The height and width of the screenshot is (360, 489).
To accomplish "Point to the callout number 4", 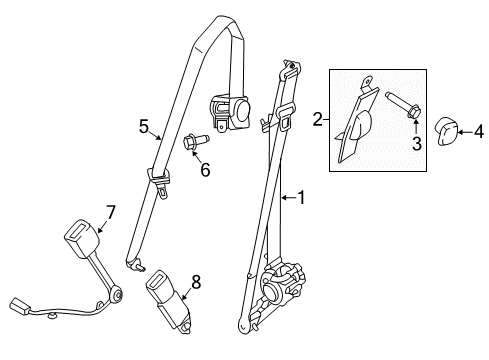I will (x=477, y=130).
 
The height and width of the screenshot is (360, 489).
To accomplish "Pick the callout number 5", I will (x=144, y=126).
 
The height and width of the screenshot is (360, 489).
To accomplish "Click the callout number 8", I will (x=196, y=283).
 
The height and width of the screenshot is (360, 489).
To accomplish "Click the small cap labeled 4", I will (x=446, y=130).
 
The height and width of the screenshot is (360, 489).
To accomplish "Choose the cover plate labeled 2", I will (x=356, y=121).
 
